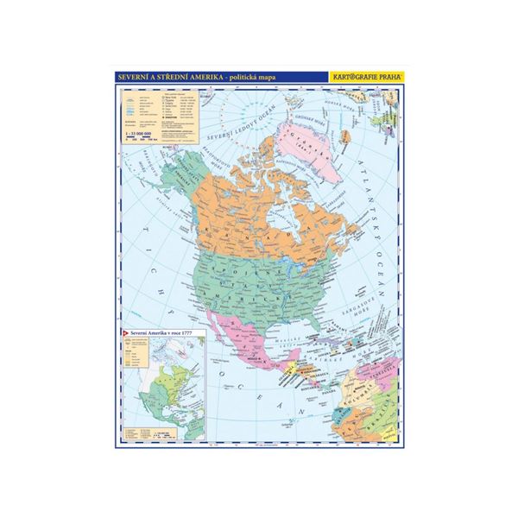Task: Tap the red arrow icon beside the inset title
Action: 126,333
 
